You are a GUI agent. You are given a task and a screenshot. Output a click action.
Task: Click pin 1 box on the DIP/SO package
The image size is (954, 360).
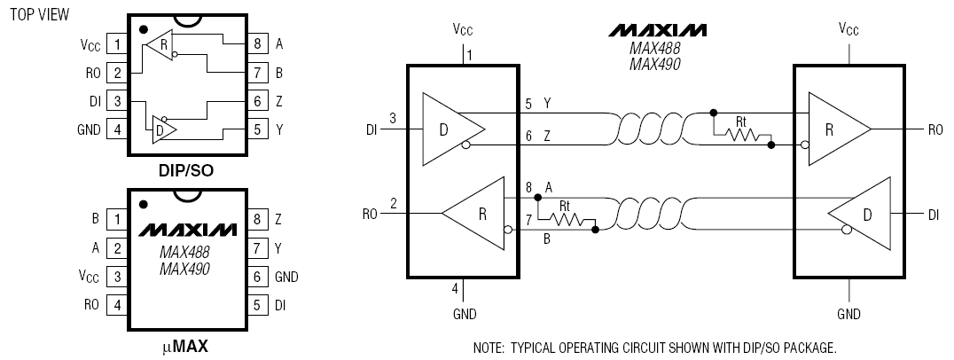115,43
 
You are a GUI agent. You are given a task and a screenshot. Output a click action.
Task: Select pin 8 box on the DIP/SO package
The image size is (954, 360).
256,43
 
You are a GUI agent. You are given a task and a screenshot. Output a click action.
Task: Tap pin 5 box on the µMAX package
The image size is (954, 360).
256,305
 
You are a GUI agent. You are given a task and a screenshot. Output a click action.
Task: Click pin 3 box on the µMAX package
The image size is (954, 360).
115,276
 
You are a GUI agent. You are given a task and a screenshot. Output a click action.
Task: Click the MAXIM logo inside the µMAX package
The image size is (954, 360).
185,230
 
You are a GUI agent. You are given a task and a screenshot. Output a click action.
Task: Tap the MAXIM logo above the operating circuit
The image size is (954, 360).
658,30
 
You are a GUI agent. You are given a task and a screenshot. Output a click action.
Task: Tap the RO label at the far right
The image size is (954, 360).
934,129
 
